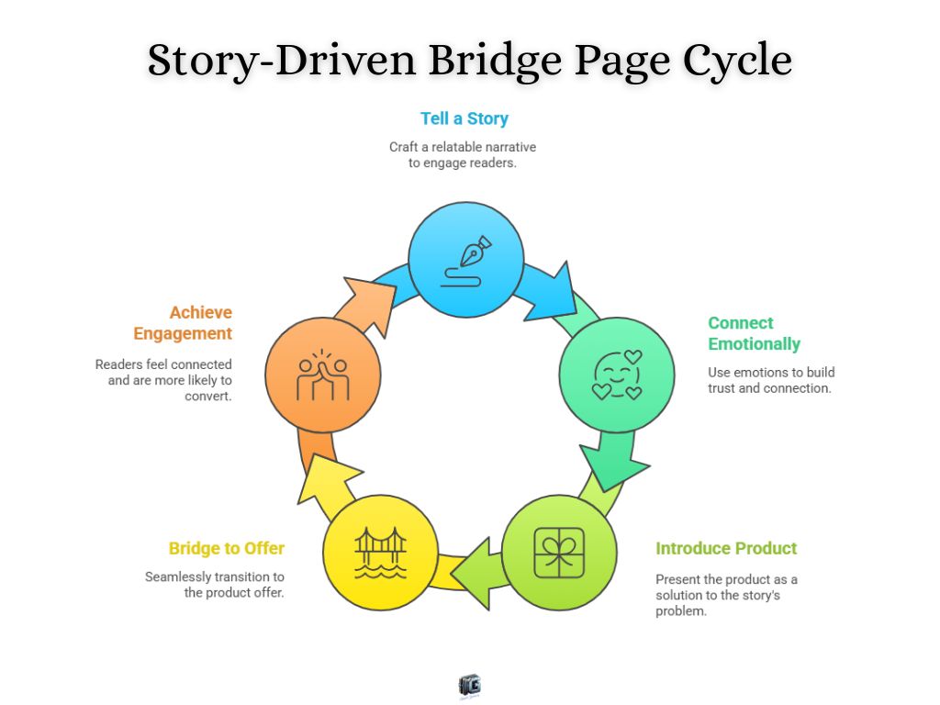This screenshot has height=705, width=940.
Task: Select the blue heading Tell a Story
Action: [464, 118]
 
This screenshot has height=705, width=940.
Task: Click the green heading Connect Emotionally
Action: [754, 333]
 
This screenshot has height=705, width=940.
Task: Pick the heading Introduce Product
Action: [726, 548]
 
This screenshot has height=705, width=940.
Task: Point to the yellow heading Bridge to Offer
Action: [227, 548]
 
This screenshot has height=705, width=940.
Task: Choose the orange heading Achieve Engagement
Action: [183, 323]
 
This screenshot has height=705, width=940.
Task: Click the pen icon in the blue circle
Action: [466, 261]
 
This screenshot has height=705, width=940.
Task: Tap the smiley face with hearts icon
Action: [617, 375]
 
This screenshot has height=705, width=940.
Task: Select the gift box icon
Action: [559, 553]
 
